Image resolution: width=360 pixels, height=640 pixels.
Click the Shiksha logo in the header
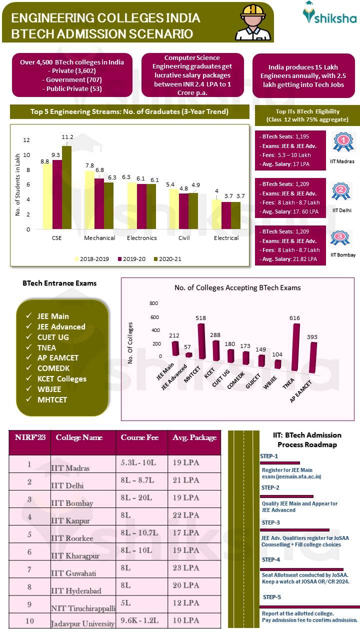pyautogui.click(x=330, y=13)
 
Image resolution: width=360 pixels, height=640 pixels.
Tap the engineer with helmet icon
pyautogui.click(x=252, y=22)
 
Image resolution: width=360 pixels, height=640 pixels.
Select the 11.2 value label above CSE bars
pyautogui.click(x=67, y=137)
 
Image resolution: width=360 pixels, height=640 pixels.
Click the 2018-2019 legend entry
pyautogui.click(x=94, y=258)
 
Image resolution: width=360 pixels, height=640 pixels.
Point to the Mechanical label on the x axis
pyautogui.click(x=99, y=238)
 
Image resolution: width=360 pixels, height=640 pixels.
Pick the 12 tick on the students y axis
pyautogui.click(x=27, y=140)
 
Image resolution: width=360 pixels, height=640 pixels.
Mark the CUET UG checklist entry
pyautogui.click(x=52, y=337)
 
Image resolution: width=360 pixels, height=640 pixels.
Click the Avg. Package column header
pyautogui.click(x=194, y=437)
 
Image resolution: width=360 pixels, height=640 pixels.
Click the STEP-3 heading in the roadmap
pyautogui.click(x=270, y=522)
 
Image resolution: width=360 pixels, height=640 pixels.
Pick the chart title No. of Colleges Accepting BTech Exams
pyautogui.click(x=237, y=287)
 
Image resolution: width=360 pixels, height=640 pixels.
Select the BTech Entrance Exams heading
pyautogui.click(x=59, y=283)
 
